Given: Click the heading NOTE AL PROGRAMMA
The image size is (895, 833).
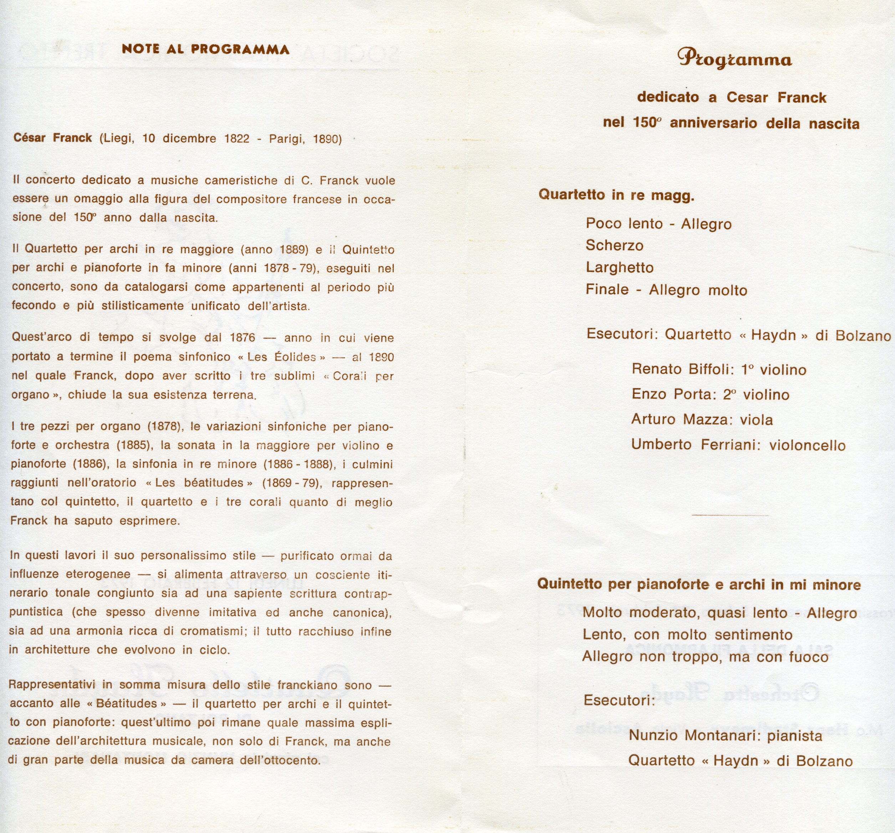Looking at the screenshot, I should point(205,49).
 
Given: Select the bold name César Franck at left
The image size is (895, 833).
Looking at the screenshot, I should point(53,138).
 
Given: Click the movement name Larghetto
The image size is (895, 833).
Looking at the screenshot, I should point(620,268).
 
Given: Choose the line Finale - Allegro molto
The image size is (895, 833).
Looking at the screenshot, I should point(666,290).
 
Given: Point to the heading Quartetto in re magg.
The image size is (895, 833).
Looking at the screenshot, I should point(616,195).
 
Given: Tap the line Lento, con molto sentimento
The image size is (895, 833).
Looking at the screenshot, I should point(687,635).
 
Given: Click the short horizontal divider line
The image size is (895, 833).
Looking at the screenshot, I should point(730,515).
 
